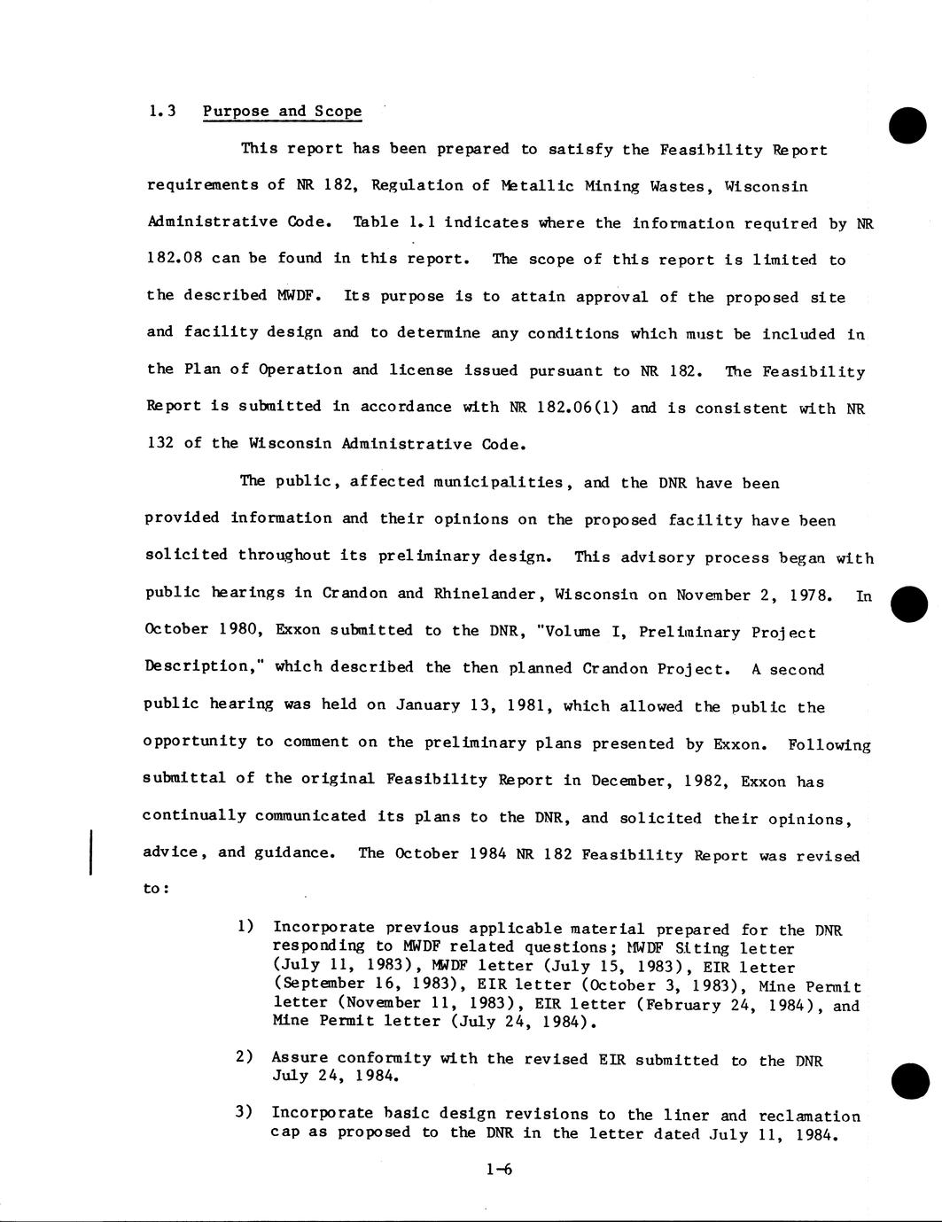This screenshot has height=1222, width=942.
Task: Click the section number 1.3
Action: click(162, 112)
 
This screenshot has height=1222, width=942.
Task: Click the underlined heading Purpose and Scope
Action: click(282, 112)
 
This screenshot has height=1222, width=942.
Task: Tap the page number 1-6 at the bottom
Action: click(499, 1170)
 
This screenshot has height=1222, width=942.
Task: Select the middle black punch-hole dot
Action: click(908, 604)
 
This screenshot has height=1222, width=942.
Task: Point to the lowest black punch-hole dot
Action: click(910, 1080)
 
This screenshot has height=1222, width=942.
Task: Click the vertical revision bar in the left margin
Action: click(90, 852)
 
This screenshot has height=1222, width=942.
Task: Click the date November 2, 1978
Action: click(753, 595)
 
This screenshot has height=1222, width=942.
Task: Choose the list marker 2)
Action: click(245, 1057)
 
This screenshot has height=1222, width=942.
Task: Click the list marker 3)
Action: click(245, 1113)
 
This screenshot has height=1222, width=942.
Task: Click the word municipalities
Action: click(497, 482)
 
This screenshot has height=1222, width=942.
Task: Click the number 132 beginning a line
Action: click(160, 443)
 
